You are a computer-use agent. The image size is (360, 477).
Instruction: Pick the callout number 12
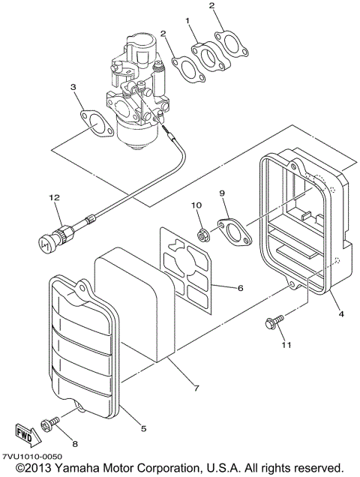coord(54,197)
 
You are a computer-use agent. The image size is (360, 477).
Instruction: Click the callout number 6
coord(240,287)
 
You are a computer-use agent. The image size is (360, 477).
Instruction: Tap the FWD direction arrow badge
coord(24,433)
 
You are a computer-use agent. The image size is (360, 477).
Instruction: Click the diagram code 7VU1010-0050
coord(31,456)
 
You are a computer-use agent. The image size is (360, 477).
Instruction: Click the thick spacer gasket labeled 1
coord(205,58)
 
